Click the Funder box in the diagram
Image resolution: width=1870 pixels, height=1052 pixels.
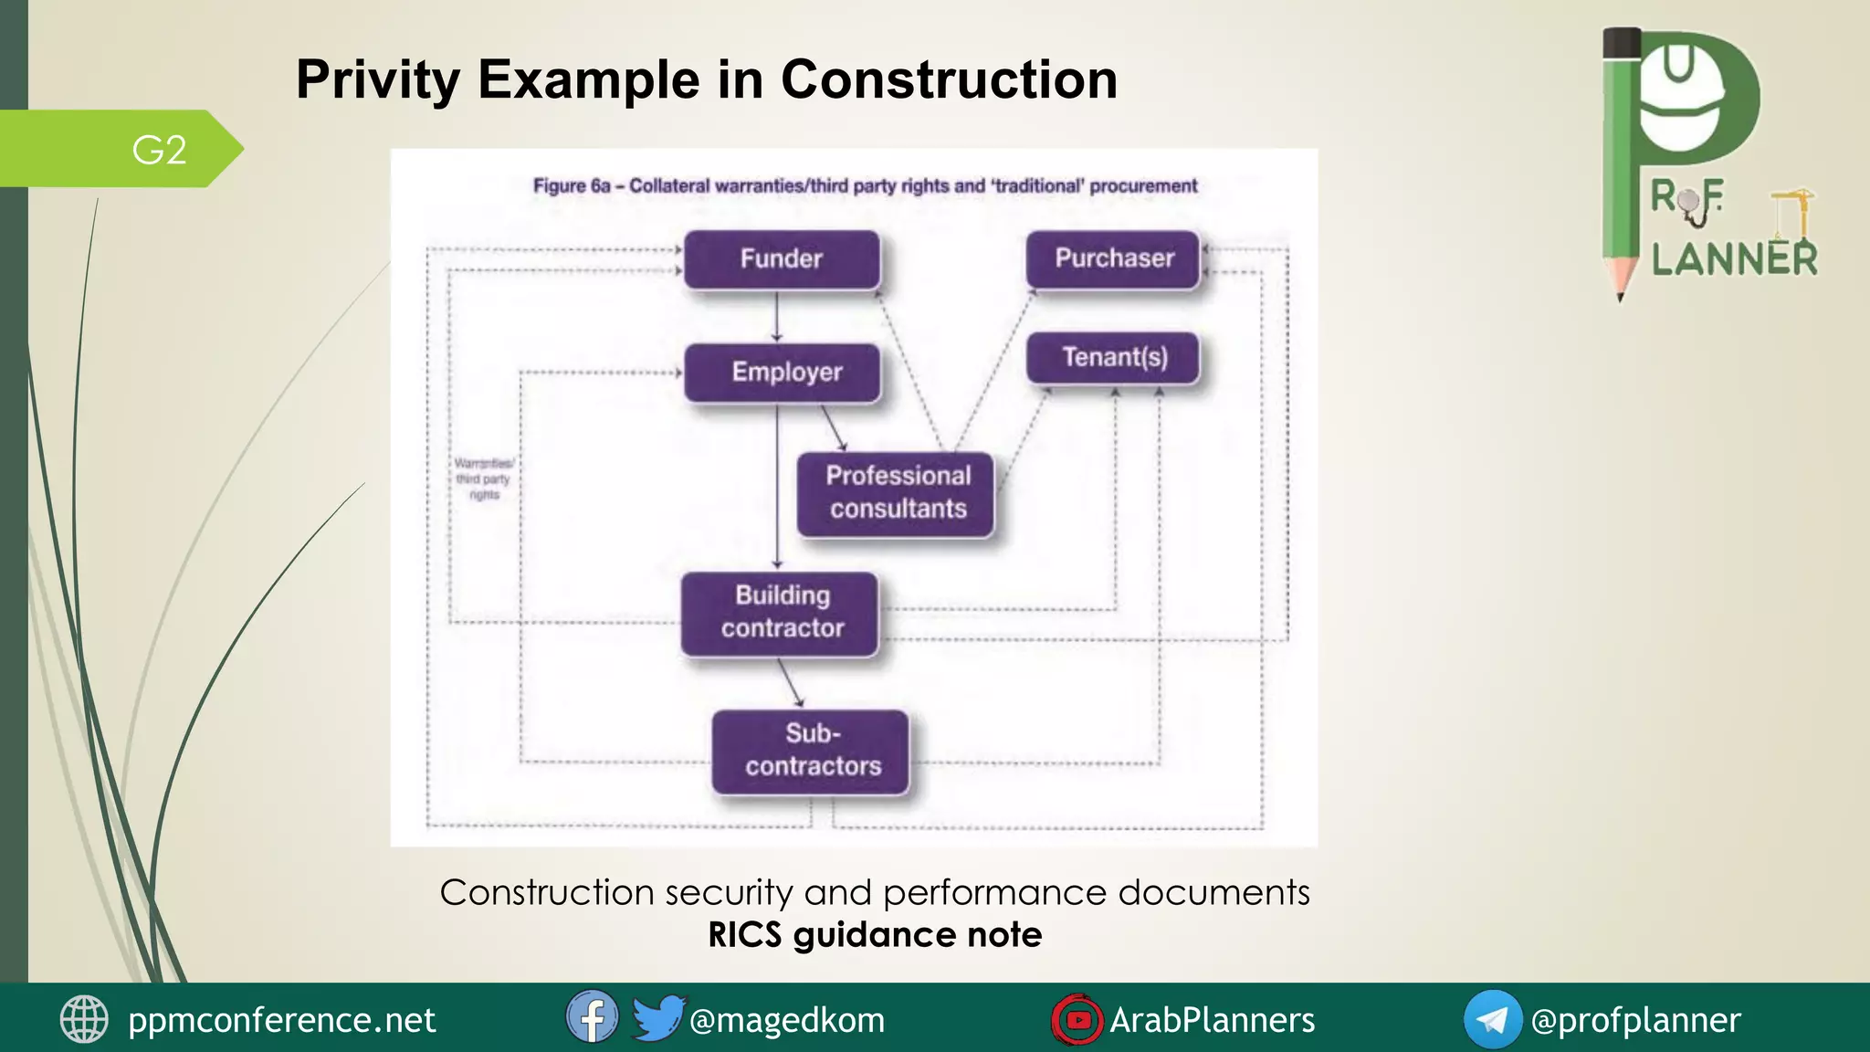coord(782,259)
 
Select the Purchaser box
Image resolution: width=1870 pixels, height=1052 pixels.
coord(1113,258)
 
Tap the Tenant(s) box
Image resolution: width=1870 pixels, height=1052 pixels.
coord(1113,357)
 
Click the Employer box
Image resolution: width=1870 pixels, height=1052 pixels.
coord(783,373)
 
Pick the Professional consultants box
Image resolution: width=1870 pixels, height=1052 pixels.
coord(896,493)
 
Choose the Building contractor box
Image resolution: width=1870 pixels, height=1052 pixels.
coord(781,613)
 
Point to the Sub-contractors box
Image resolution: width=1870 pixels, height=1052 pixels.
coord(811,751)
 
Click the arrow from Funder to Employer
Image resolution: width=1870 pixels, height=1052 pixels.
coord(777,316)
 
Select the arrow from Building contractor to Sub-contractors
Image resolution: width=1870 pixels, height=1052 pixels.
coord(790,682)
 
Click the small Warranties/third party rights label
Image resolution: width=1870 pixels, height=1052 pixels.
coord(484,479)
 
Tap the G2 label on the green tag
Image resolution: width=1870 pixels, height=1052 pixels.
coord(159,150)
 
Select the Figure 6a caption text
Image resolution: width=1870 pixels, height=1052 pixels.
coord(865,186)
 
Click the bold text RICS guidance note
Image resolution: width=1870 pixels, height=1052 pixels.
coord(875,935)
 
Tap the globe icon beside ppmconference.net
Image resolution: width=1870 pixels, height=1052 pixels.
coord(84,1019)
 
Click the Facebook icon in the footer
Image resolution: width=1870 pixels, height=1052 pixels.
coord(592,1017)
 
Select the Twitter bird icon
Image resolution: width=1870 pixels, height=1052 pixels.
coord(657,1017)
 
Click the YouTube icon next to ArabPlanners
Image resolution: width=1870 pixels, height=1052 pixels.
coord(1077,1019)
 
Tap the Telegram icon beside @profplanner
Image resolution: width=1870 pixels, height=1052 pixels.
coord(1492,1019)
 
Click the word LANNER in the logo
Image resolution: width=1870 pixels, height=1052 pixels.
coord(1734,260)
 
